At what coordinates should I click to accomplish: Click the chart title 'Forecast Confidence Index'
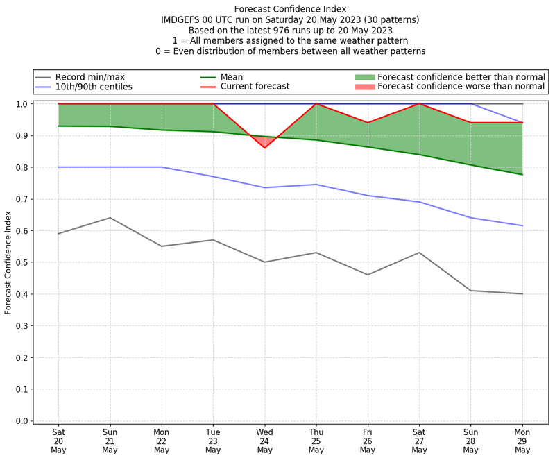(290, 9)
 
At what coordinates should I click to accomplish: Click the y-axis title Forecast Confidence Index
(9, 262)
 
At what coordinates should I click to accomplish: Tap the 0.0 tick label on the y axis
(21, 421)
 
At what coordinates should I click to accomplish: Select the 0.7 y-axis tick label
(21, 199)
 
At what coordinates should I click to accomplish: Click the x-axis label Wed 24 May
(264, 440)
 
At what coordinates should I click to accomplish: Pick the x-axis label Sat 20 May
(58, 440)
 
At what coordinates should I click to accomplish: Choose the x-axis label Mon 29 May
(522, 440)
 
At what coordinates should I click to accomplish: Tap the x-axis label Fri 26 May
(368, 440)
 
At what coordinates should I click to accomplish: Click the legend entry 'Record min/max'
(90, 77)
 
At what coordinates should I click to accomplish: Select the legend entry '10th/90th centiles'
(94, 87)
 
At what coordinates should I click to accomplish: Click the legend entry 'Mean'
(232, 77)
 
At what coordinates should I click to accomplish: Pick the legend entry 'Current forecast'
(255, 87)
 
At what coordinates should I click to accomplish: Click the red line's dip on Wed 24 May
(264, 148)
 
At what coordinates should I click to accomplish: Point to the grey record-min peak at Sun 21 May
(110, 218)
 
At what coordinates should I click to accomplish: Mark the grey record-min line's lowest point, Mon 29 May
(522, 294)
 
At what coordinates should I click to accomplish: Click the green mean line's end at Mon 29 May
(522, 174)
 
